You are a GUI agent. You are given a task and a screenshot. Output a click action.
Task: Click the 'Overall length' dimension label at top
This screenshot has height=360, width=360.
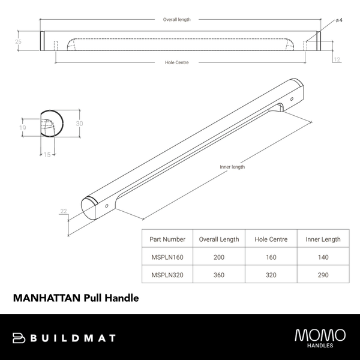177,20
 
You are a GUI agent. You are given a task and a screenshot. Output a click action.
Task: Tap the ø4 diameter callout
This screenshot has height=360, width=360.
339,20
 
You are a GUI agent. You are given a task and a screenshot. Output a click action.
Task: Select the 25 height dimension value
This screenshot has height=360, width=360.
18,41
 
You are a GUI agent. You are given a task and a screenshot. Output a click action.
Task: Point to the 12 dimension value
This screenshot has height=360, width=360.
337,59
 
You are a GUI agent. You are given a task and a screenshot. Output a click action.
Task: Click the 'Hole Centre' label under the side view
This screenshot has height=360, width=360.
177,62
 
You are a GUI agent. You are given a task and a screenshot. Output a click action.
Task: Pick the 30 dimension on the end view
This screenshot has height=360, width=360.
79,123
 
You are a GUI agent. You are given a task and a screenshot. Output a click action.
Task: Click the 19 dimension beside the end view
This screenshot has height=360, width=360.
22,128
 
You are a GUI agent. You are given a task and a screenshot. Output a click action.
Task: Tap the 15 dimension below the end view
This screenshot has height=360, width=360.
47,154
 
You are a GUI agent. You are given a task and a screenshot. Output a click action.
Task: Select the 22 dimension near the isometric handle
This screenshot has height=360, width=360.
63,211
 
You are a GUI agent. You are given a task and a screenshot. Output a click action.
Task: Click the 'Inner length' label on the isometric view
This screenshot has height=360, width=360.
233,167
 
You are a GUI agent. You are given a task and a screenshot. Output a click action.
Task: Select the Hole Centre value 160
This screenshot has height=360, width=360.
271,257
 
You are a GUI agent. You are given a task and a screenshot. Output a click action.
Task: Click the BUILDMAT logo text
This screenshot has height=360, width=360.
71,338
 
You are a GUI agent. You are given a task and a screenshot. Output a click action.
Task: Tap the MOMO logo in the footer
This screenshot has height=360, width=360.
320,335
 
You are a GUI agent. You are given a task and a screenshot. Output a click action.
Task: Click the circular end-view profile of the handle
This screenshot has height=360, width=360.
50,125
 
